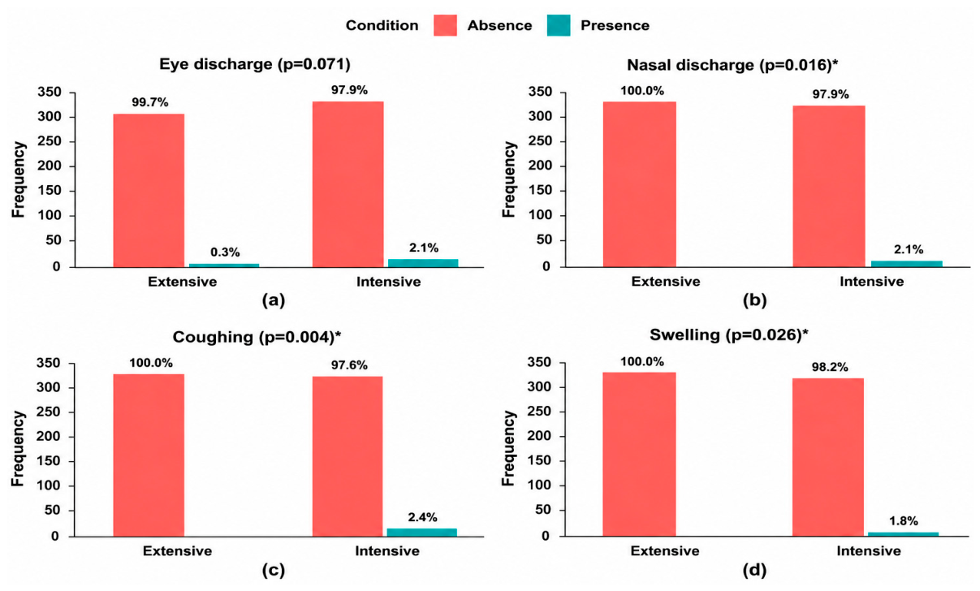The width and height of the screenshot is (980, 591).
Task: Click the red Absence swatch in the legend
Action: (445, 25)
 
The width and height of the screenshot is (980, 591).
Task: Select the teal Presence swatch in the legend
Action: (559, 25)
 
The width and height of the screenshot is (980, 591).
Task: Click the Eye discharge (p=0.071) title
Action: (255, 65)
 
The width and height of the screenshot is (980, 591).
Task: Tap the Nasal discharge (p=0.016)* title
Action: (732, 65)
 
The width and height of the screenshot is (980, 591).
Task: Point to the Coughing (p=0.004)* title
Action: (257, 337)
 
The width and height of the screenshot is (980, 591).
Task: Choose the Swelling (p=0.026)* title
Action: (729, 335)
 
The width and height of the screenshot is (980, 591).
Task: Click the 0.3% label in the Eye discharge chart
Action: (225, 252)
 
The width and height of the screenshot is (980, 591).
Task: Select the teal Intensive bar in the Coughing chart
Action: (421, 533)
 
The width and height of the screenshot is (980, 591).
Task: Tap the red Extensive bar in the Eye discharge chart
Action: (149, 190)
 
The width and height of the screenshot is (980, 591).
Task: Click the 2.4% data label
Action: (423, 517)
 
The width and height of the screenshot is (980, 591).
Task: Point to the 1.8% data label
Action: (904, 521)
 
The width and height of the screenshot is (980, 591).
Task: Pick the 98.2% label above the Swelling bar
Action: (830, 367)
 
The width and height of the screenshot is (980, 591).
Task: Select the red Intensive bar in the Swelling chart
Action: (828, 457)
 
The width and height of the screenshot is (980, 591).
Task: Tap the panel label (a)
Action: (274, 300)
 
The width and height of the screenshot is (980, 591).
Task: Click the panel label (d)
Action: (754, 570)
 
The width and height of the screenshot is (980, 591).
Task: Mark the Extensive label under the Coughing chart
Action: (177, 550)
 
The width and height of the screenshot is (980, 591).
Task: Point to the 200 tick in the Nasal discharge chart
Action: (540, 166)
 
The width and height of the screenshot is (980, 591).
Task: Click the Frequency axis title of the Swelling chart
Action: (509, 447)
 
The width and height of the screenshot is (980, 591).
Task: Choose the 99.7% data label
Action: (150, 102)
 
